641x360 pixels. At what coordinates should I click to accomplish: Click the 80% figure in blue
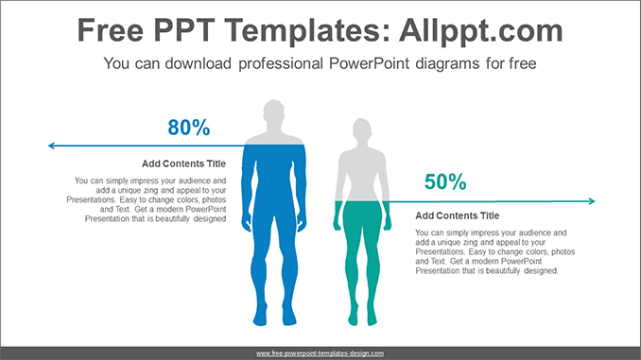point(188,128)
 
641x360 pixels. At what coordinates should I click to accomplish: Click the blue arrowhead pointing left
point(53,146)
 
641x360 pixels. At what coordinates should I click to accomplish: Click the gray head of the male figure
point(273,112)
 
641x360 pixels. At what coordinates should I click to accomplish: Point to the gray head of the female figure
point(361,130)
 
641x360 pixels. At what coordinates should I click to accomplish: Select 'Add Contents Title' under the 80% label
point(184,163)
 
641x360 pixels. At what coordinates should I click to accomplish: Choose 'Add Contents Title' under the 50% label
point(457,215)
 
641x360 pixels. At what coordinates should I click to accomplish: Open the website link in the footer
point(320,353)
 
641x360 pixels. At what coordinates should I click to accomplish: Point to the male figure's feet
point(273,320)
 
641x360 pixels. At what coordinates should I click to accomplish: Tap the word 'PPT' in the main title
point(189,31)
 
